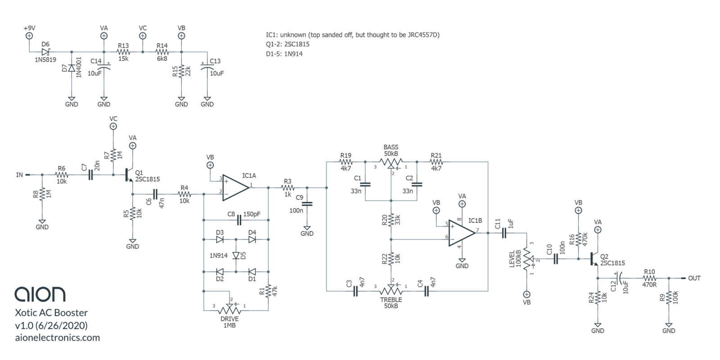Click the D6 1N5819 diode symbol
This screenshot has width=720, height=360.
point(45,52)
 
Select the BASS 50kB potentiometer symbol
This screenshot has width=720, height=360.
point(391,162)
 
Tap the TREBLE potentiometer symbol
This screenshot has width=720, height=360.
point(391,291)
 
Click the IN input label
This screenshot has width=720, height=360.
point(19,175)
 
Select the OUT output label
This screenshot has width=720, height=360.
point(694,278)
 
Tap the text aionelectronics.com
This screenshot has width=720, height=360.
point(58,337)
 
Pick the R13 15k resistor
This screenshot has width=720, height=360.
point(123,52)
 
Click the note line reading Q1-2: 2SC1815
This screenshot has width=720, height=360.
point(288,45)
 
